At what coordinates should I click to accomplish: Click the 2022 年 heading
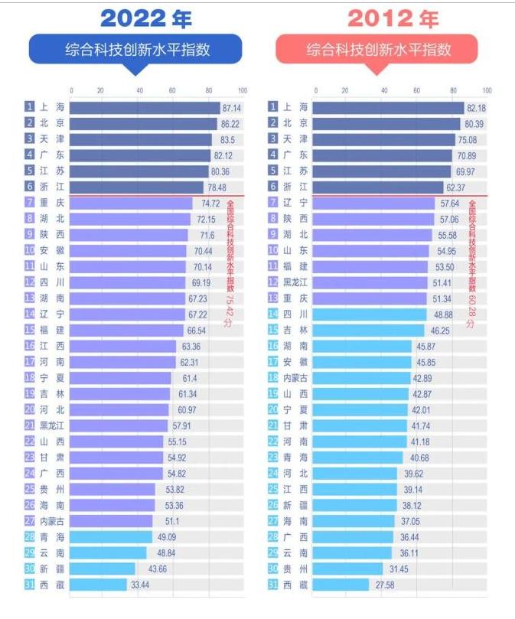pyautogui.click(x=145, y=19)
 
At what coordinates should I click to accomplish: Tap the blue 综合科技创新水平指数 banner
pyautogui.click(x=136, y=50)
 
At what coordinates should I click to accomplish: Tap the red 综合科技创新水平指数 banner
pyautogui.click(x=378, y=50)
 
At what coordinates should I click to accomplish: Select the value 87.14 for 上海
pyautogui.click(x=231, y=108)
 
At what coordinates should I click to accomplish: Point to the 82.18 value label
pyautogui.click(x=476, y=108)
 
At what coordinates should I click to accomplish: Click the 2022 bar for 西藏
pyautogui.click(x=99, y=585)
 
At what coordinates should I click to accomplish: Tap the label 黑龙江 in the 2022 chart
pyautogui.click(x=52, y=425)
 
